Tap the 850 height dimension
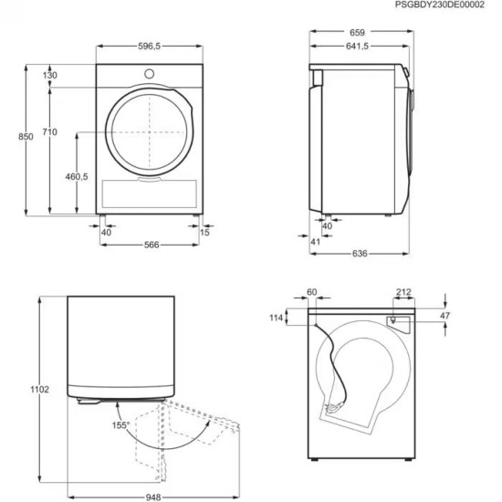tap(26, 136)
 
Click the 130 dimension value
tap(49, 75)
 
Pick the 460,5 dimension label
tap(77, 176)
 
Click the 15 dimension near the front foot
tap(204, 232)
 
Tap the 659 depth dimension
tap(356, 33)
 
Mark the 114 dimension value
tap(277, 318)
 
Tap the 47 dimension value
tap(444, 316)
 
